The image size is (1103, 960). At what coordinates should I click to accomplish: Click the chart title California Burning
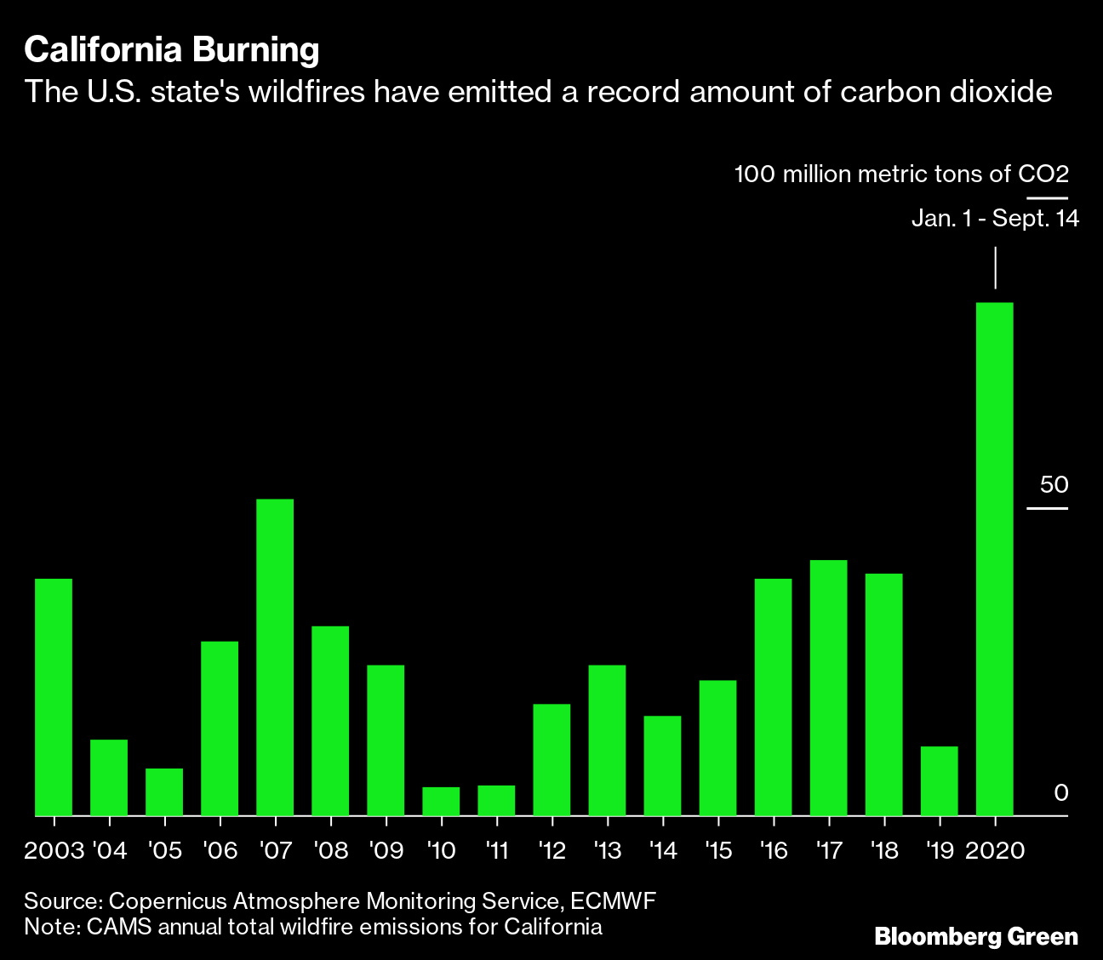pyautogui.click(x=172, y=50)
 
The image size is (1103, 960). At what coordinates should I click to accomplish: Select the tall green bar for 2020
pyautogui.click(x=994, y=558)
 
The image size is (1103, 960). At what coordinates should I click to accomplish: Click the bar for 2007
pyautogui.click(x=275, y=657)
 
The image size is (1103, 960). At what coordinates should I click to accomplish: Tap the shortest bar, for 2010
pyautogui.click(x=441, y=801)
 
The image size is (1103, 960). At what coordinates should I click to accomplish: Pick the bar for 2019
pyautogui.click(x=939, y=780)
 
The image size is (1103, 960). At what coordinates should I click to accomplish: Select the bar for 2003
pyautogui.click(x=54, y=697)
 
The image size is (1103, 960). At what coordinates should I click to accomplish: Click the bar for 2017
pyautogui.click(x=828, y=688)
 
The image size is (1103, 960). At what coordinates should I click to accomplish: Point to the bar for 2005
pyautogui.click(x=164, y=791)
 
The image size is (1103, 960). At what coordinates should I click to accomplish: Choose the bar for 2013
pyautogui.click(x=607, y=740)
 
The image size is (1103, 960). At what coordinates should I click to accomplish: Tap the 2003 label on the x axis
pyautogui.click(x=54, y=850)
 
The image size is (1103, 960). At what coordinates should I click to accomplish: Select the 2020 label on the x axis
pyautogui.click(x=994, y=850)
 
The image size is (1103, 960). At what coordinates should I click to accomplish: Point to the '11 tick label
pyautogui.click(x=496, y=850)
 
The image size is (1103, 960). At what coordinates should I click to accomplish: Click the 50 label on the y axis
pyautogui.click(x=1054, y=485)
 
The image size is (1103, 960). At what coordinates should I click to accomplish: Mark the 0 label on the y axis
pyautogui.click(x=1060, y=793)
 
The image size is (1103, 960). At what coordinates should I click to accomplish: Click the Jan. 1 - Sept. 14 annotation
pyautogui.click(x=995, y=219)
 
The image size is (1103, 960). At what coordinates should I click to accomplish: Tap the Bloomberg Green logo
pyautogui.click(x=976, y=937)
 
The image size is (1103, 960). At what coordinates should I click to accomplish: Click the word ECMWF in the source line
pyautogui.click(x=613, y=901)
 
